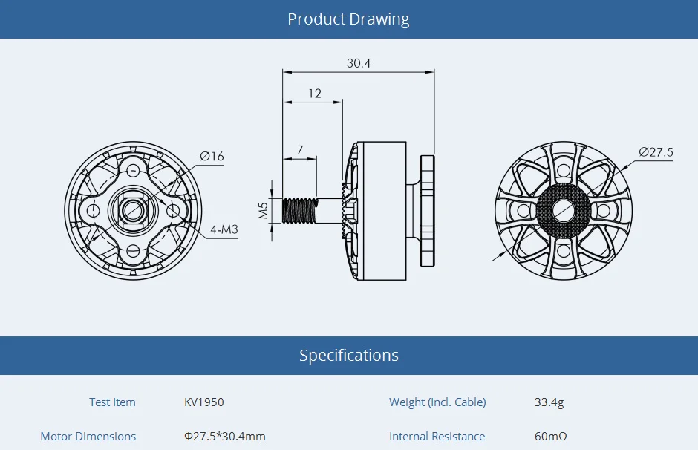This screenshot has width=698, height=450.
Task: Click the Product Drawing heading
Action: click(x=348, y=19)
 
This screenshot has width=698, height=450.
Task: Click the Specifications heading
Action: click(x=348, y=355)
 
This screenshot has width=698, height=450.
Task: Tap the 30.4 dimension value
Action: click(x=358, y=63)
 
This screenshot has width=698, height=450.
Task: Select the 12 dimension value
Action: click(x=315, y=94)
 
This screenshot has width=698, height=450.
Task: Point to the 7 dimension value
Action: click(x=300, y=150)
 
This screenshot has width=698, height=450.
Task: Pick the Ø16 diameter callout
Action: click(x=212, y=156)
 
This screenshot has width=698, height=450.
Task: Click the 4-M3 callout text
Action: click(x=224, y=229)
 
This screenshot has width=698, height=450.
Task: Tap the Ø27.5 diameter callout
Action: click(x=656, y=152)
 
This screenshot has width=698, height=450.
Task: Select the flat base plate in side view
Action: click(x=426, y=210)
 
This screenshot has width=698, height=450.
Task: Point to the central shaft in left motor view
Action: click(x=133, y=211)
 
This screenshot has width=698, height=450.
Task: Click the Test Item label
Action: click(x=112, y=402)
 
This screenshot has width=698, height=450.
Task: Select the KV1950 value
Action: click(x=203, y=402)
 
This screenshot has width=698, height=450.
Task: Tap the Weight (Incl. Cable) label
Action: click(x=437, y=402)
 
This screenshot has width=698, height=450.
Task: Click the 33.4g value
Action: click(x=549, y=402)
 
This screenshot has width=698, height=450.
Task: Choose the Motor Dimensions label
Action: click(x=88, y=437)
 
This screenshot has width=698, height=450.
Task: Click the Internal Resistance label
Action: click(x=437, y=437)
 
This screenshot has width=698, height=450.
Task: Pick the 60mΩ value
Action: click(x=550, y=437)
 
